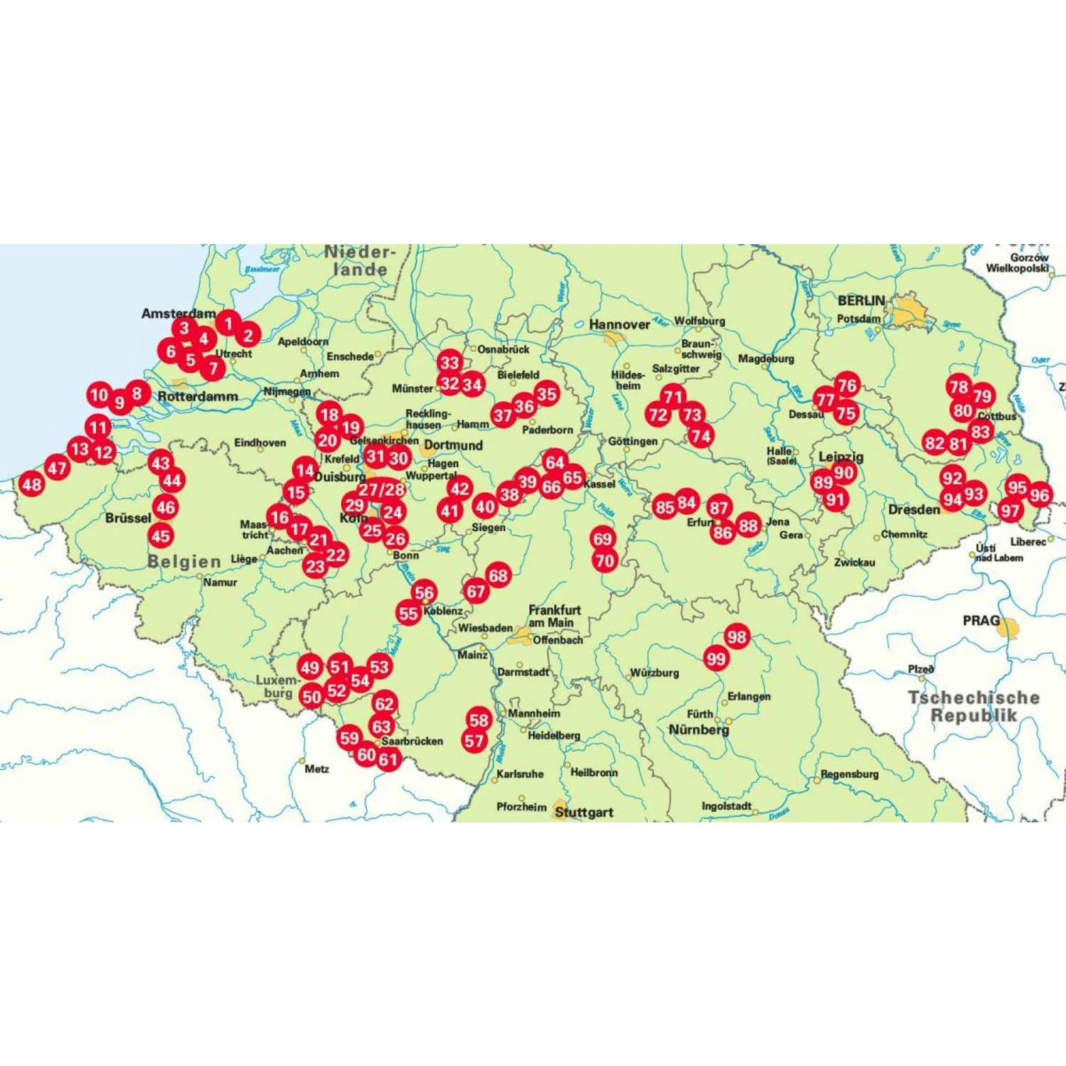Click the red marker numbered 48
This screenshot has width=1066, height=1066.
pyautogui.click(x=32, y=485)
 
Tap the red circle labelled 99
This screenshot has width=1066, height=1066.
pyautogui.click(x=716, y=659)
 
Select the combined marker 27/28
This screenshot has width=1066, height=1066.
pyautogui.click(x=382, y=490)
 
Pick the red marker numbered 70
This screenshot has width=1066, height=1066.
pyautogui.click(x=605, y=561)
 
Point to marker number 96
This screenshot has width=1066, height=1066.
pyautogui.click(x=1039, y=495)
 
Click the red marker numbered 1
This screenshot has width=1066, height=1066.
pyautogui.click(x=228, y=324)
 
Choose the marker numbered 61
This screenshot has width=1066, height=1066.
pyautogui.click(x=388, y=760)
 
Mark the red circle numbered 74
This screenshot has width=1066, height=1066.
pyautogui.click(x=700, y=436)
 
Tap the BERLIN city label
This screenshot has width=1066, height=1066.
pyautogui.click(x=861, y=301)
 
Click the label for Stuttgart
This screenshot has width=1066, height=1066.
pyautogui.click(x=583, y=812)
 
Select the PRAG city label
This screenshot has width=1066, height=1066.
pyautogui.click(x=981, y=620)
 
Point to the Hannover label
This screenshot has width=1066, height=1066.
pyautogui.click(x=619, y=325)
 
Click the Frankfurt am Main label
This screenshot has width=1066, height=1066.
pyautogui.click(x=554, y=616)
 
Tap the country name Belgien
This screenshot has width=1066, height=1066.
pyautogui.click(x=184, y=561)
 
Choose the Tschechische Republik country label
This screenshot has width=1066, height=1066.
pyautogui.click(x=974, y=706)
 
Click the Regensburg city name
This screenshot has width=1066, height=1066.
pyautogui.click(x=849, y=774)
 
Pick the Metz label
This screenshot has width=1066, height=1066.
pyautogui.click(x=316, y=769)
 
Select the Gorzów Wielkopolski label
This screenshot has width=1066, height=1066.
pyautogui.click(x=1018, y=263)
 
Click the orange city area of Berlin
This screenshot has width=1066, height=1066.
pyautogui.click(x=910, y=313)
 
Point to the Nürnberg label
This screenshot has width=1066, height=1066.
pyautogui.click(x=699, y=730)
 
